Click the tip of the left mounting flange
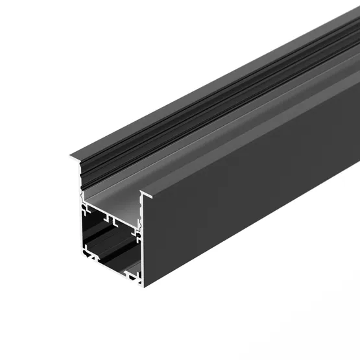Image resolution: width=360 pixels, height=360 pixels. click(71, 156)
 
